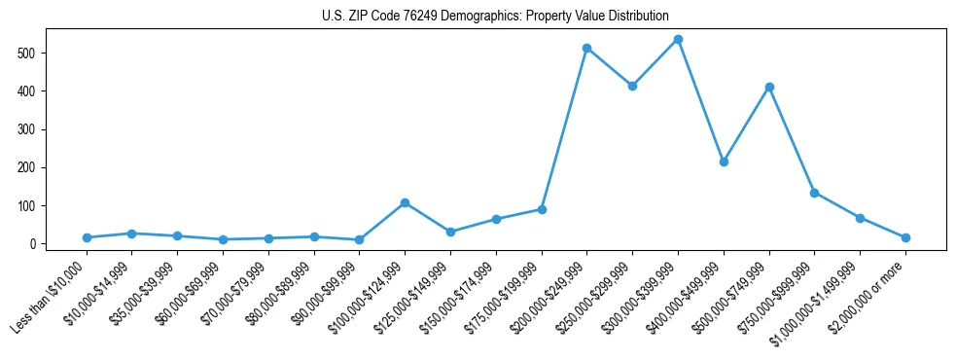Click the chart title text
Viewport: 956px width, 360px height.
495,17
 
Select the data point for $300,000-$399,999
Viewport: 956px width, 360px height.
678,40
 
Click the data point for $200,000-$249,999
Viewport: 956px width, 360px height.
586,48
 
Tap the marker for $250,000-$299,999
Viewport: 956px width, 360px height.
632,86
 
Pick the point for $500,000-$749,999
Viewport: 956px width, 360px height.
769,87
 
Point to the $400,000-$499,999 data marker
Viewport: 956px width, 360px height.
724,162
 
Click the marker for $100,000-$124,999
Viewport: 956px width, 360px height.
405,202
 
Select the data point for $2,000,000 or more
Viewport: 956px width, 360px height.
905,237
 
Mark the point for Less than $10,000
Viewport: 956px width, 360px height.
87,237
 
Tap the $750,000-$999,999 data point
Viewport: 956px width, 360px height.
814,193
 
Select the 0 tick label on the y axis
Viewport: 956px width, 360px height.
39,244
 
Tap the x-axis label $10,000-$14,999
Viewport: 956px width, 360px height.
99,292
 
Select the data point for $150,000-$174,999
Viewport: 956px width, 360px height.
496,219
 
